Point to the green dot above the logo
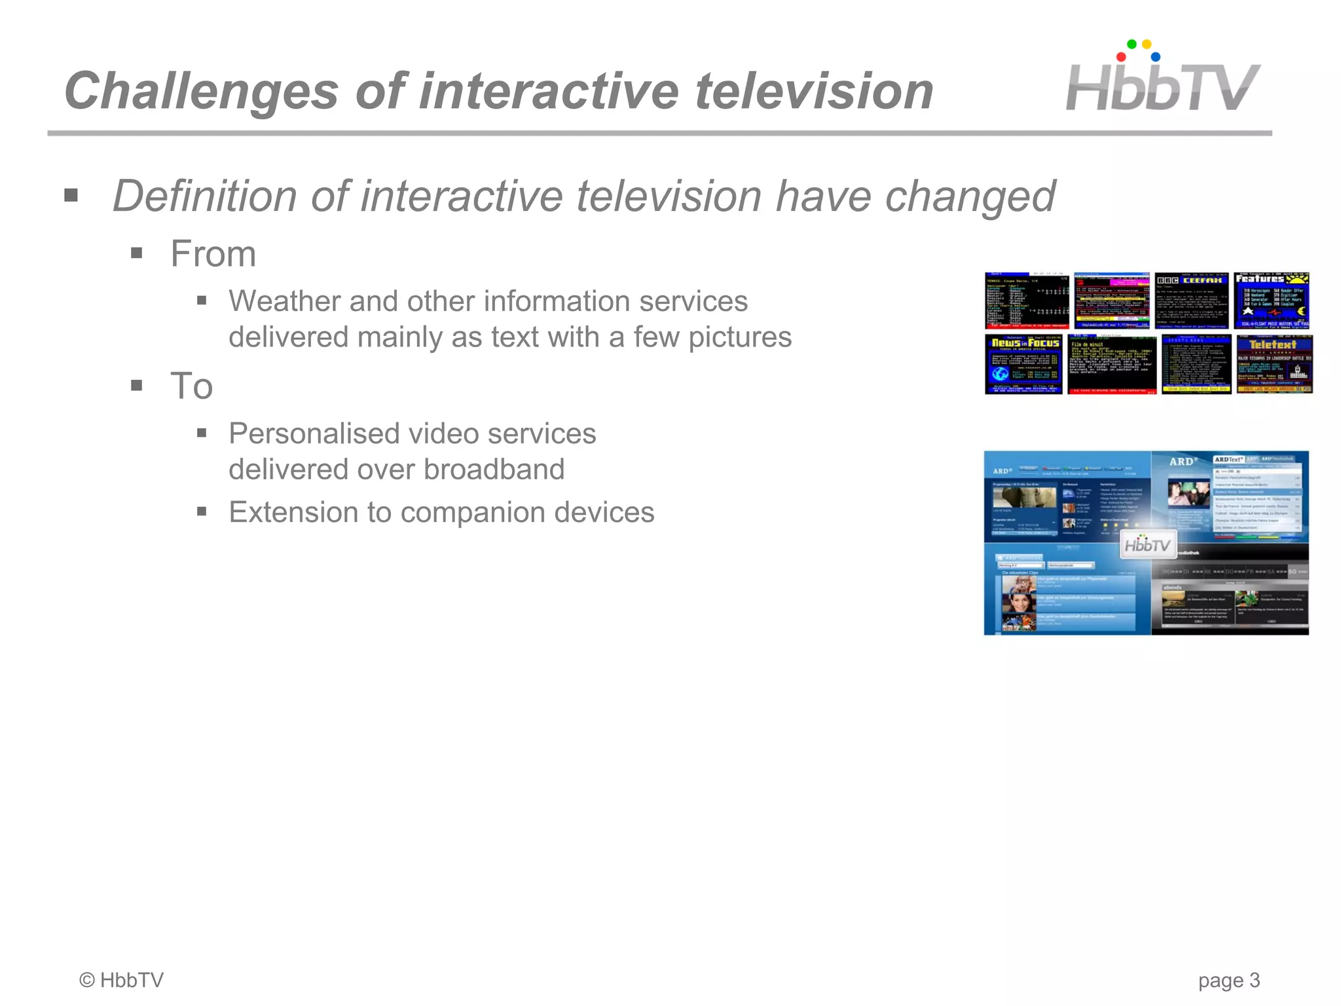tap(1131, 45)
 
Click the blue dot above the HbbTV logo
tap(1156, 57)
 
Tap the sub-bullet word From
tap(213, 254)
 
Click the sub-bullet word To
tap(191, 386)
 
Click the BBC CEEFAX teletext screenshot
tap(1192, 301)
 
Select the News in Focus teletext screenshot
tap(1023, 364)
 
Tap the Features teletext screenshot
tap(1272, 301)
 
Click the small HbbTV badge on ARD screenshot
tap(1147, 545)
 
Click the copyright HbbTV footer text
tap(121, 980)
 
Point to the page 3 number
tap(1228, 980)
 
